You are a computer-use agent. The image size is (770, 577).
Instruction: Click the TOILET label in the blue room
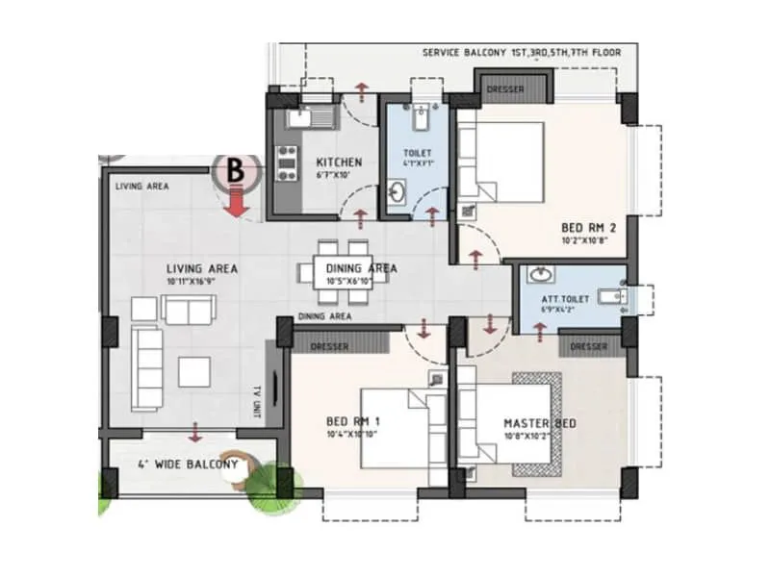point(418,153)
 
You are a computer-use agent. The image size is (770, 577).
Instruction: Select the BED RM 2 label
point(588,229)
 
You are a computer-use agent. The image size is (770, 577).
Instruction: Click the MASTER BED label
point(539,424)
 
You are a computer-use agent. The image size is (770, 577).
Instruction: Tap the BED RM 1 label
point(353,421)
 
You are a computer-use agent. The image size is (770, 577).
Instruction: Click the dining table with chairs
point(345,271)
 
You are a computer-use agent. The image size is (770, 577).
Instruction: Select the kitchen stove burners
point(285,163)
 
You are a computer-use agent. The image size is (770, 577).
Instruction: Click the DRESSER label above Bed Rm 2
point(504,90)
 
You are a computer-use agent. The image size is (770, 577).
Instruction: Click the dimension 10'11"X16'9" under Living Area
point(201,282)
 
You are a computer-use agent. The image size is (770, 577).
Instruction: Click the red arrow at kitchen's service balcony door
point(361,92)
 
